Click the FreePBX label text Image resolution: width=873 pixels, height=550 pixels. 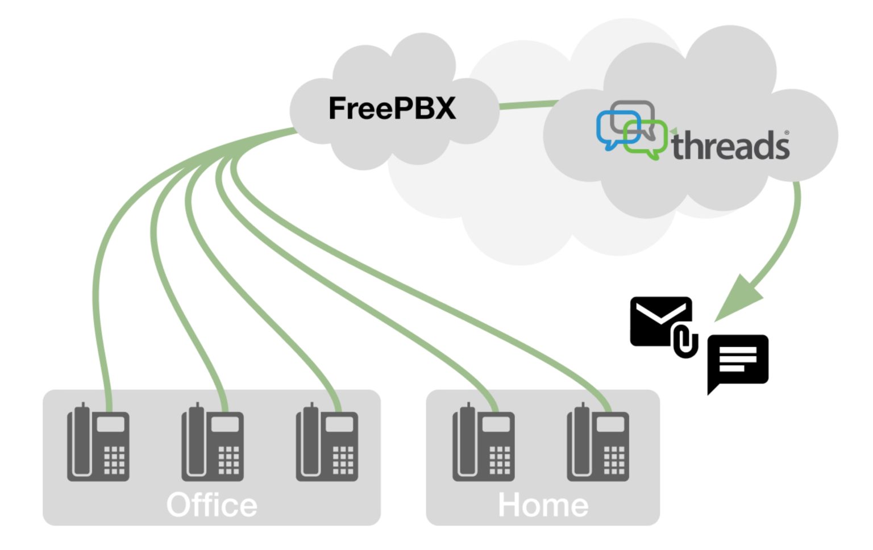point(392,108)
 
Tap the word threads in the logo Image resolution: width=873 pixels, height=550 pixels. point(730,146)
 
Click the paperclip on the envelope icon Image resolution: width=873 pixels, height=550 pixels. point(685,341)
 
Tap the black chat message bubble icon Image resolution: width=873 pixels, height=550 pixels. point(738,360)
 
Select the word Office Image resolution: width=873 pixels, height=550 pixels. point(211,505)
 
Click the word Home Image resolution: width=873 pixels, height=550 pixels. point(543,505)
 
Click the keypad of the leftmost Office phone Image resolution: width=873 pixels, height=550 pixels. point(114,459)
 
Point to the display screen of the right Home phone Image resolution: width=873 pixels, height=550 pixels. point(610,424)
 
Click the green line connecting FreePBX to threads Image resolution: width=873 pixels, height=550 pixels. point(529,105)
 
